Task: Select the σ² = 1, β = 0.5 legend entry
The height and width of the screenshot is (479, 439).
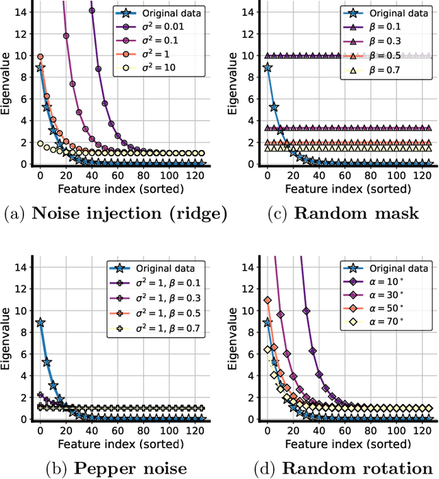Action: [x=170, y=312]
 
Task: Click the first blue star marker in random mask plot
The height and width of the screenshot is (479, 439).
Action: [x=267, y=67]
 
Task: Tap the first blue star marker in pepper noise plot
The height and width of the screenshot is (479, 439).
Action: [x=40, y=322]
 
